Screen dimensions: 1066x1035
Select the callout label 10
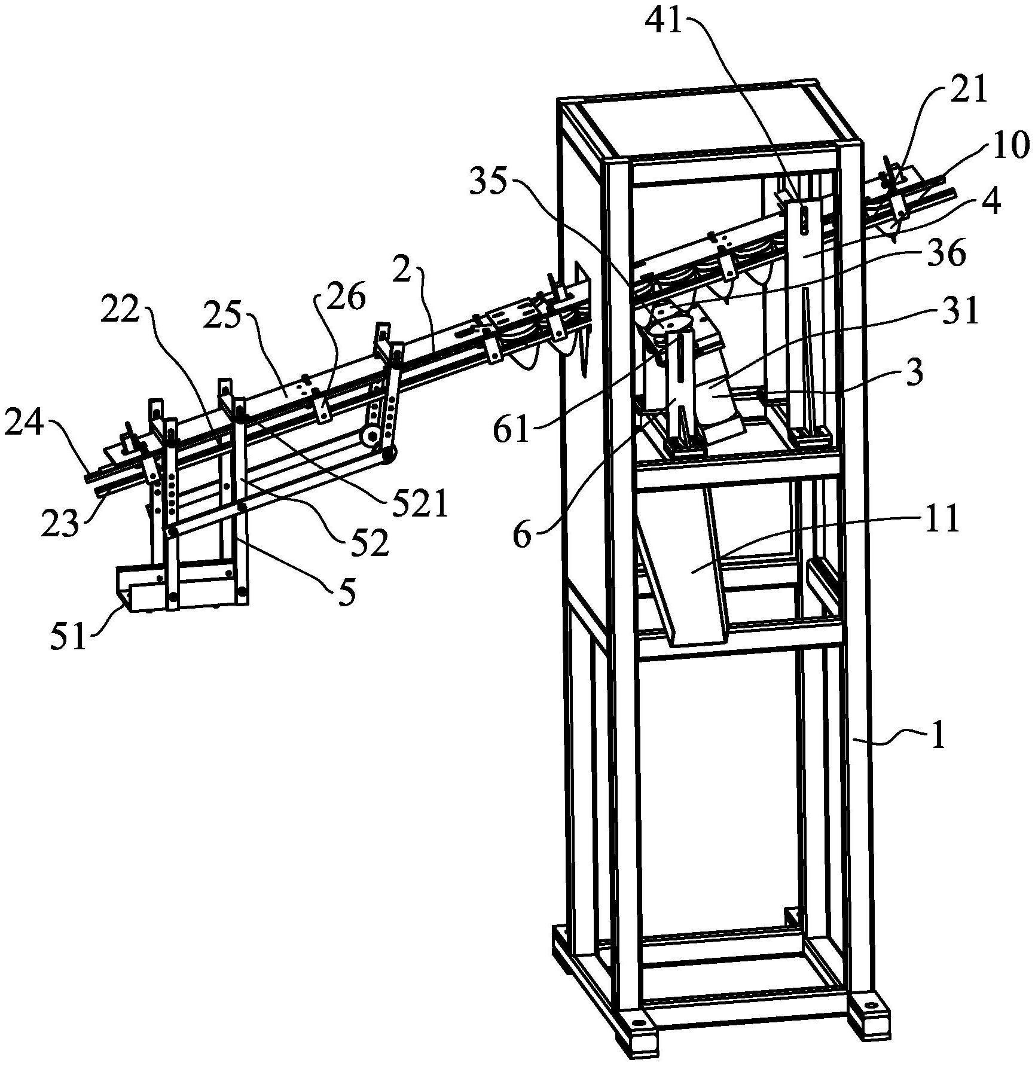coord(1010,146)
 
